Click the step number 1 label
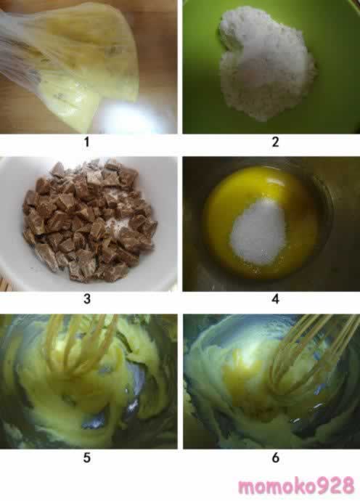(86, 142)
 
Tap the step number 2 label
(275, 142)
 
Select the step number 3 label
(87, 299)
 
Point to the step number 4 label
(275, 299)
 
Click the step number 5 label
(87, 457)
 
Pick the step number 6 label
(275, 457)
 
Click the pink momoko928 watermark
(296, 486)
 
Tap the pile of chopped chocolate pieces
(89, 221)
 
